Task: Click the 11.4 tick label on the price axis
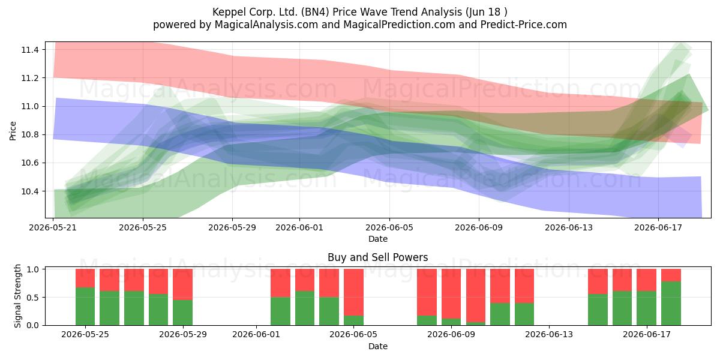(29, 50)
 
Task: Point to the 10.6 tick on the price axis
(29, 163)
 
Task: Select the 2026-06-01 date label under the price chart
(299, 227)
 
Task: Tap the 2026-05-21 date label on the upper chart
(53, 227)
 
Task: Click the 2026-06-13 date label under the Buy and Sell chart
(549, 335)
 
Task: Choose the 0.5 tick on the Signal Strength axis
(33, 298)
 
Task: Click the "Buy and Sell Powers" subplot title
(377, 257)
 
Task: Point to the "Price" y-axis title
(13, 131)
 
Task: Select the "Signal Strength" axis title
(17, 296)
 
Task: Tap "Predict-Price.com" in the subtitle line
(524, 25)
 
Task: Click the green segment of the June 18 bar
(671, 304)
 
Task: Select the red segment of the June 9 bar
(451, 294)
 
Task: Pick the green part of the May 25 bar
(85, 307)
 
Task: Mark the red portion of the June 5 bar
(353, 292)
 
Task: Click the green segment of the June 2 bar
(280, 311)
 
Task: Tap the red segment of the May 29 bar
(182, 284)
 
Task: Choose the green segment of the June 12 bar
(524, 314)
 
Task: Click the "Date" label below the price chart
(377, 239)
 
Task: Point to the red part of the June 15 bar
(598, 281)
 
